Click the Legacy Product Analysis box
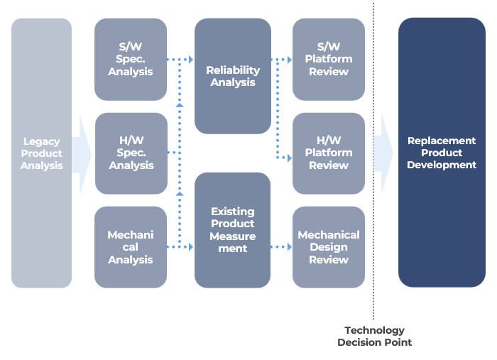pos(41,153)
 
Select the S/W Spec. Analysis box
pos(131,59)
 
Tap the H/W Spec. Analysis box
pos(131,153)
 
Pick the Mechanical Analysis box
pos(131,247)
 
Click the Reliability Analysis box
pos(233,76)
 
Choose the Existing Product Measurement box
pos(233,230)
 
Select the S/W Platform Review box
pos(329,59)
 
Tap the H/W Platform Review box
pos(329,153)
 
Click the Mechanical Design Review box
pos(329,247)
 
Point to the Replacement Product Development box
pos(442,153)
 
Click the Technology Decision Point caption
pos(374,337)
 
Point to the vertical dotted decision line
pos(373,161)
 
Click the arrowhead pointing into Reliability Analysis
pos(191,59)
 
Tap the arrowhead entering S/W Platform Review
pos(290,60)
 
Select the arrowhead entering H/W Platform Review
pos(290,158)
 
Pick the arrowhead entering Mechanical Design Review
pos(290,247)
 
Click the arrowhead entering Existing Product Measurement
pos(191,247)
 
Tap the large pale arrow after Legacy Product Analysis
pos(82,155)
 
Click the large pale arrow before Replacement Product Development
pos(383,153)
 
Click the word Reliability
pos(233,70)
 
